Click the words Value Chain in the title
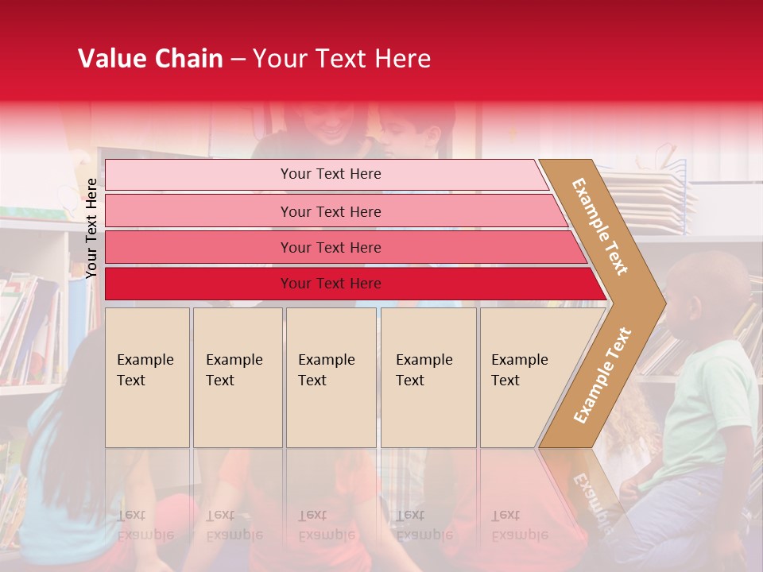point(150,59)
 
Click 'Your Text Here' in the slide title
point(342,59)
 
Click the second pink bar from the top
point(331,211)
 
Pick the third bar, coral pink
point(331,247)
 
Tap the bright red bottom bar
point(331,284)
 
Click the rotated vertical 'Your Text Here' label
point(91,228)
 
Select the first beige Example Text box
point(147,377)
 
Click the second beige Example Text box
point(238,377)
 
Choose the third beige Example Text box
point(331,377)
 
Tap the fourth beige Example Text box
point(428,377)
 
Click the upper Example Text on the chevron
point(601,226)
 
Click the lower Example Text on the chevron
point(602,375)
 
